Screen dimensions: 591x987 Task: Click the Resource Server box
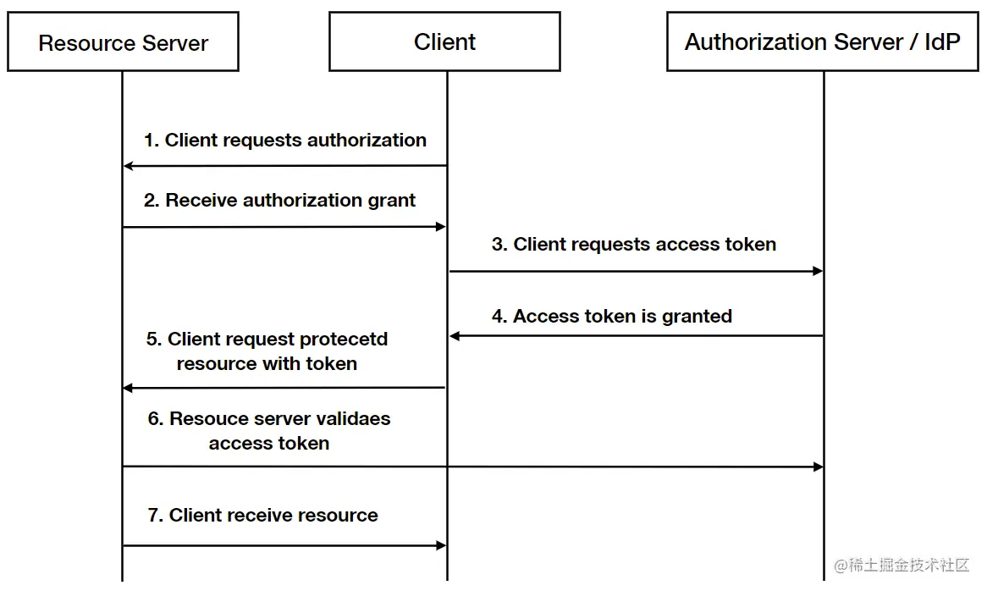coord(123,42)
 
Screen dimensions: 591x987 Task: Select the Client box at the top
coord(444,41)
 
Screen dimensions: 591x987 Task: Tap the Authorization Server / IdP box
coord(823,41)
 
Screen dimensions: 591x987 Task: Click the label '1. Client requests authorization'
coord(285,141)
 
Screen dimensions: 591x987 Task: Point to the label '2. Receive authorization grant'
coord(279,201)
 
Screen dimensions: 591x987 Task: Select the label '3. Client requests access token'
coord(634,245)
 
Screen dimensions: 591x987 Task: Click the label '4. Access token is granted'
coord(612,317)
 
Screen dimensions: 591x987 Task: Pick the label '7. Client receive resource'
coord(262,516)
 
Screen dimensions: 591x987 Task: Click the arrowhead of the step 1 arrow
coord(129,166)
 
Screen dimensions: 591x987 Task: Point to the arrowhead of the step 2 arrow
coord(440,227)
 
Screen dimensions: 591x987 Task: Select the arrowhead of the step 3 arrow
coord(818,271)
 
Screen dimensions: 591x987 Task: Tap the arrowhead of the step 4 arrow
coord(455,336)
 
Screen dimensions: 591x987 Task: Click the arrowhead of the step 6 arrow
coord(818,467)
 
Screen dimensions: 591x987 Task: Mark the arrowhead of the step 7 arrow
coord(440,546)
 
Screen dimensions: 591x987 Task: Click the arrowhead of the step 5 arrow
coord(129,388)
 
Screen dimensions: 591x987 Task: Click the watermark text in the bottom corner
coord(902,566)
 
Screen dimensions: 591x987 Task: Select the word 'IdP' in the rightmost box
coord(942,42)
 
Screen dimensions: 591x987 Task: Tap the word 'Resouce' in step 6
coord(207,419)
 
